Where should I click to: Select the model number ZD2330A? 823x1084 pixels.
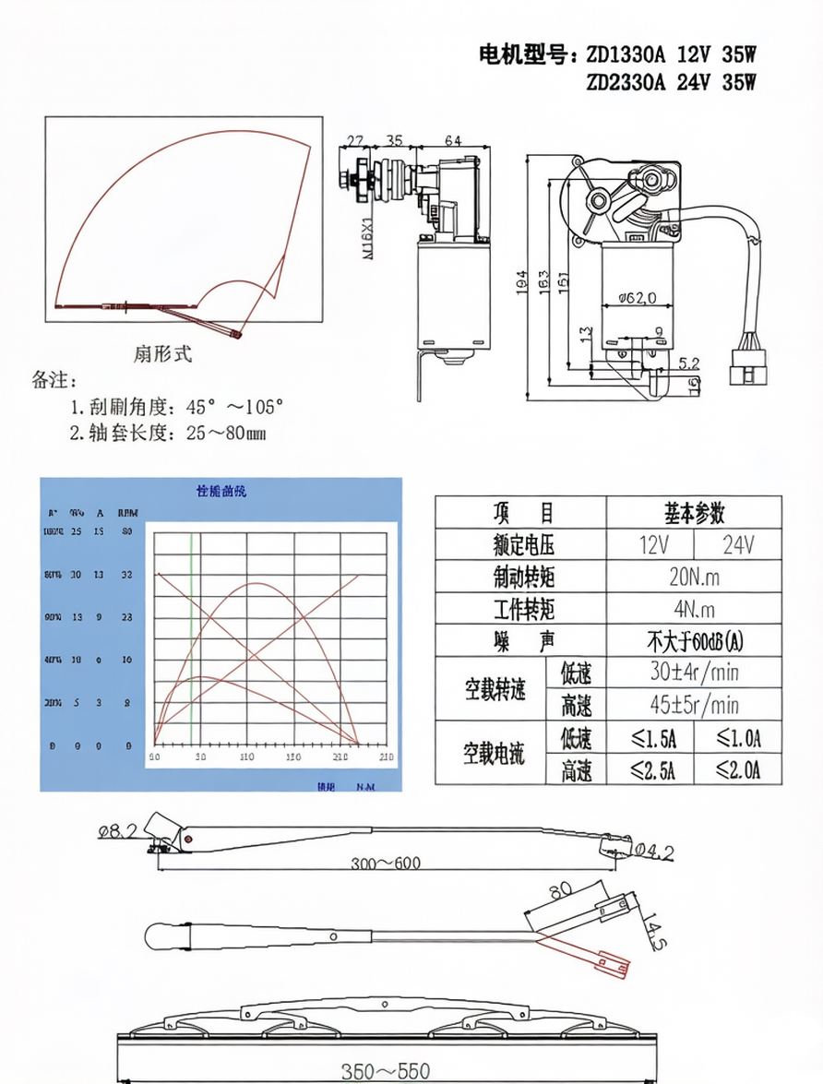(626, 82)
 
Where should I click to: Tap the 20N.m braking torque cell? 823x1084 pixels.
(694, 577)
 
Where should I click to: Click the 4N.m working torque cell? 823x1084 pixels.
(694, 609)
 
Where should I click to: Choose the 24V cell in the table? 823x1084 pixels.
(737, 544)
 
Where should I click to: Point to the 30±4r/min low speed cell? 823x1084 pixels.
(694, 672)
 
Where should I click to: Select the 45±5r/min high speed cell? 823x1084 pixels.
(694, 705)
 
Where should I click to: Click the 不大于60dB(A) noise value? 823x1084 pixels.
(694, 640)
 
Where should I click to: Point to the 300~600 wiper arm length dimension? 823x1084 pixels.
(385, 864)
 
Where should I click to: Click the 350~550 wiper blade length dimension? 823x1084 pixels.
(385, 1071)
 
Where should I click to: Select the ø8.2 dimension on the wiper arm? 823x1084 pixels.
(117, 831)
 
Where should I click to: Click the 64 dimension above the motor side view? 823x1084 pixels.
(452, 141)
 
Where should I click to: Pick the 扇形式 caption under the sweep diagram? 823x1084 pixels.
(163, 354)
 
